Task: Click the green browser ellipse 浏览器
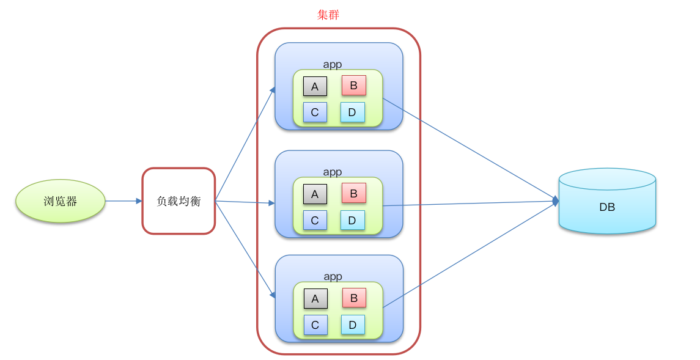point(61,201)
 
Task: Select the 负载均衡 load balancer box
point(179,201)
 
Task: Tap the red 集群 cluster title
point(328,15)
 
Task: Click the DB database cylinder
point(607,202)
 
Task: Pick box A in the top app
point(315,86)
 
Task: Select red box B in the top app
point(353,86)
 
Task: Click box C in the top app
point(315,112)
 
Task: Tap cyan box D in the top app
point(352,112)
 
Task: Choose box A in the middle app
point(315,194)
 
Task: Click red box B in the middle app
point(353,193)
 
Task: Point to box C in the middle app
point(315,221)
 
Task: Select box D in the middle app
point(352,220)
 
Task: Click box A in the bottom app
point(315,299)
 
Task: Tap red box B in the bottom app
point(354,298)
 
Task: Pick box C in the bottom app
point(315,325)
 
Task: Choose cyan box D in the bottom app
point(353,325)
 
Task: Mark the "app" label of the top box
point(333,64)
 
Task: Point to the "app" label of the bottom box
point(333,277)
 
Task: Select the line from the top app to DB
point(468,149)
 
